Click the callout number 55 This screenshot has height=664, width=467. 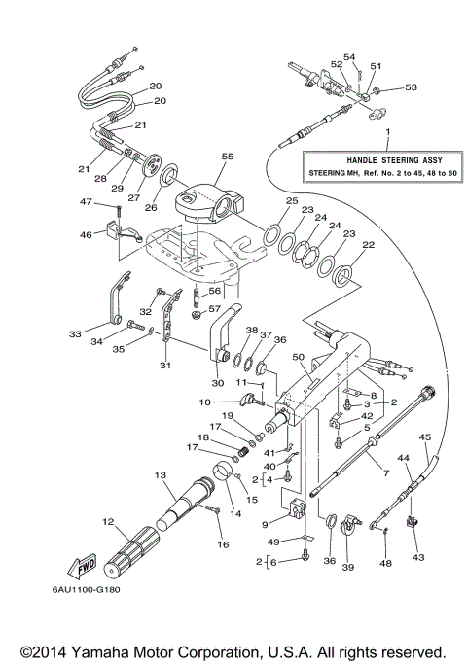(x=228, y=156)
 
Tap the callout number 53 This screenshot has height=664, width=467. (x=411, y=87)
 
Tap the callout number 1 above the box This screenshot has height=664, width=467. (x=386, y=130)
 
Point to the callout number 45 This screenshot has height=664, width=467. (x=424, y=437)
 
